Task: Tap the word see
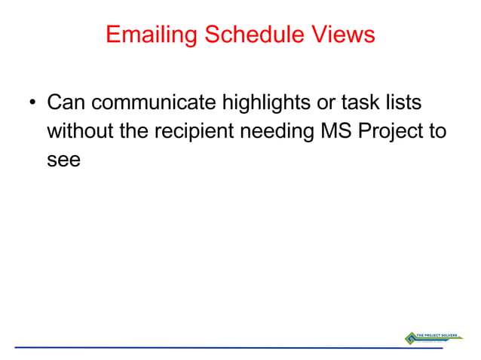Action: click(63, 160)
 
